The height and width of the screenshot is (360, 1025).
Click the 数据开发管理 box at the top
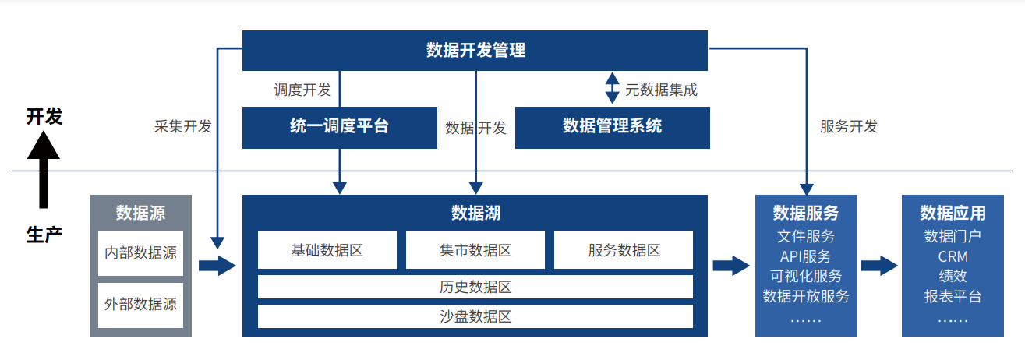tap(475, 51)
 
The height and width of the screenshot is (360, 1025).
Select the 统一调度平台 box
tap(340, 128)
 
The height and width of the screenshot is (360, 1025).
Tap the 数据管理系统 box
tap(612, 128)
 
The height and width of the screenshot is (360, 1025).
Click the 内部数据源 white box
tap(140, 253)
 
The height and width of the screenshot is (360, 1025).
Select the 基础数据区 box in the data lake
tap(327, 250)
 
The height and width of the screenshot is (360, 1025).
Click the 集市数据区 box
tap(475, 250)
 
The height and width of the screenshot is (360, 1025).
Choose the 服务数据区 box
tap(624, 250)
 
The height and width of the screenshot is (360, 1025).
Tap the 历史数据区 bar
tap(475, 287)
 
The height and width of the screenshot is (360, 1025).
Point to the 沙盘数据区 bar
tap(475, 316)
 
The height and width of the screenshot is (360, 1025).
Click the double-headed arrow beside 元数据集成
tap(612, 88)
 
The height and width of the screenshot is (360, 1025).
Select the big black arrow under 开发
tap(44, 170)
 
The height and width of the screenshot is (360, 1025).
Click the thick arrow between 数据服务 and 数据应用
tap(879, 266)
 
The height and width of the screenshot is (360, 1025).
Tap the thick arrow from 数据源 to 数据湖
tap(217, 266)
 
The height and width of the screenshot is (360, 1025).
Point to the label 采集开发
tap(183, 126)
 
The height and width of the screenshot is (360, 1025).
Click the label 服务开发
tap(849, 126)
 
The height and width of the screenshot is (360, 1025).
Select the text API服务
tap(806, 256)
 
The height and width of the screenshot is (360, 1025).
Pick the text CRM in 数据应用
tap(953, 256)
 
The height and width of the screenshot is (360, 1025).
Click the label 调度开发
tap(302, 90)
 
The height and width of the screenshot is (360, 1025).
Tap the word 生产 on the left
tap(44, 235)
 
